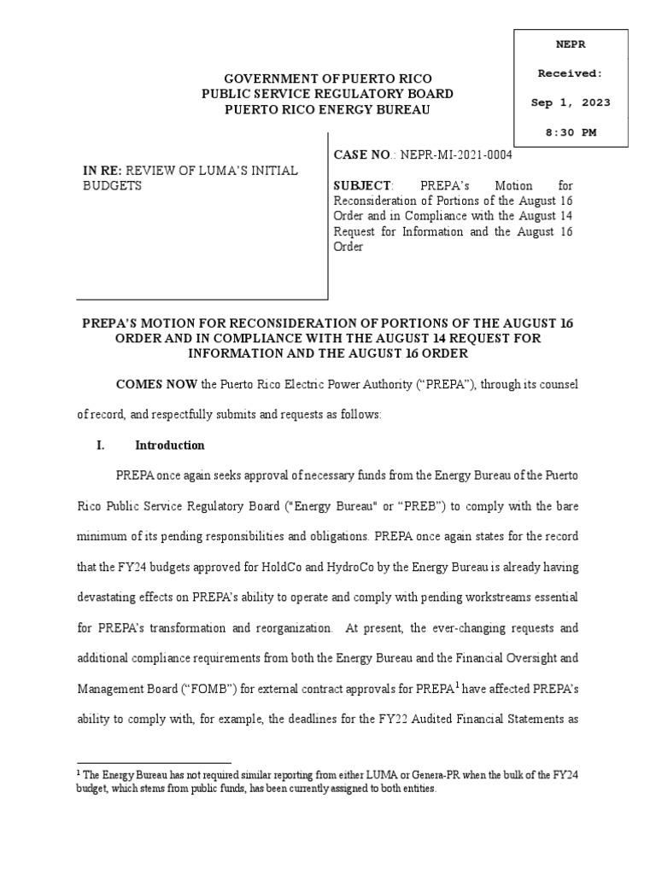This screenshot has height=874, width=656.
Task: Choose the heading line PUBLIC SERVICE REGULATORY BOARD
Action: coord(327,93)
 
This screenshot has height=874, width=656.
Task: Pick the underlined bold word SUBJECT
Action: coord(361,185)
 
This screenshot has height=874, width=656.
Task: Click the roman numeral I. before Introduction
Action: coord(100,446)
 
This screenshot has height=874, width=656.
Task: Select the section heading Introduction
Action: coord(170,446)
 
